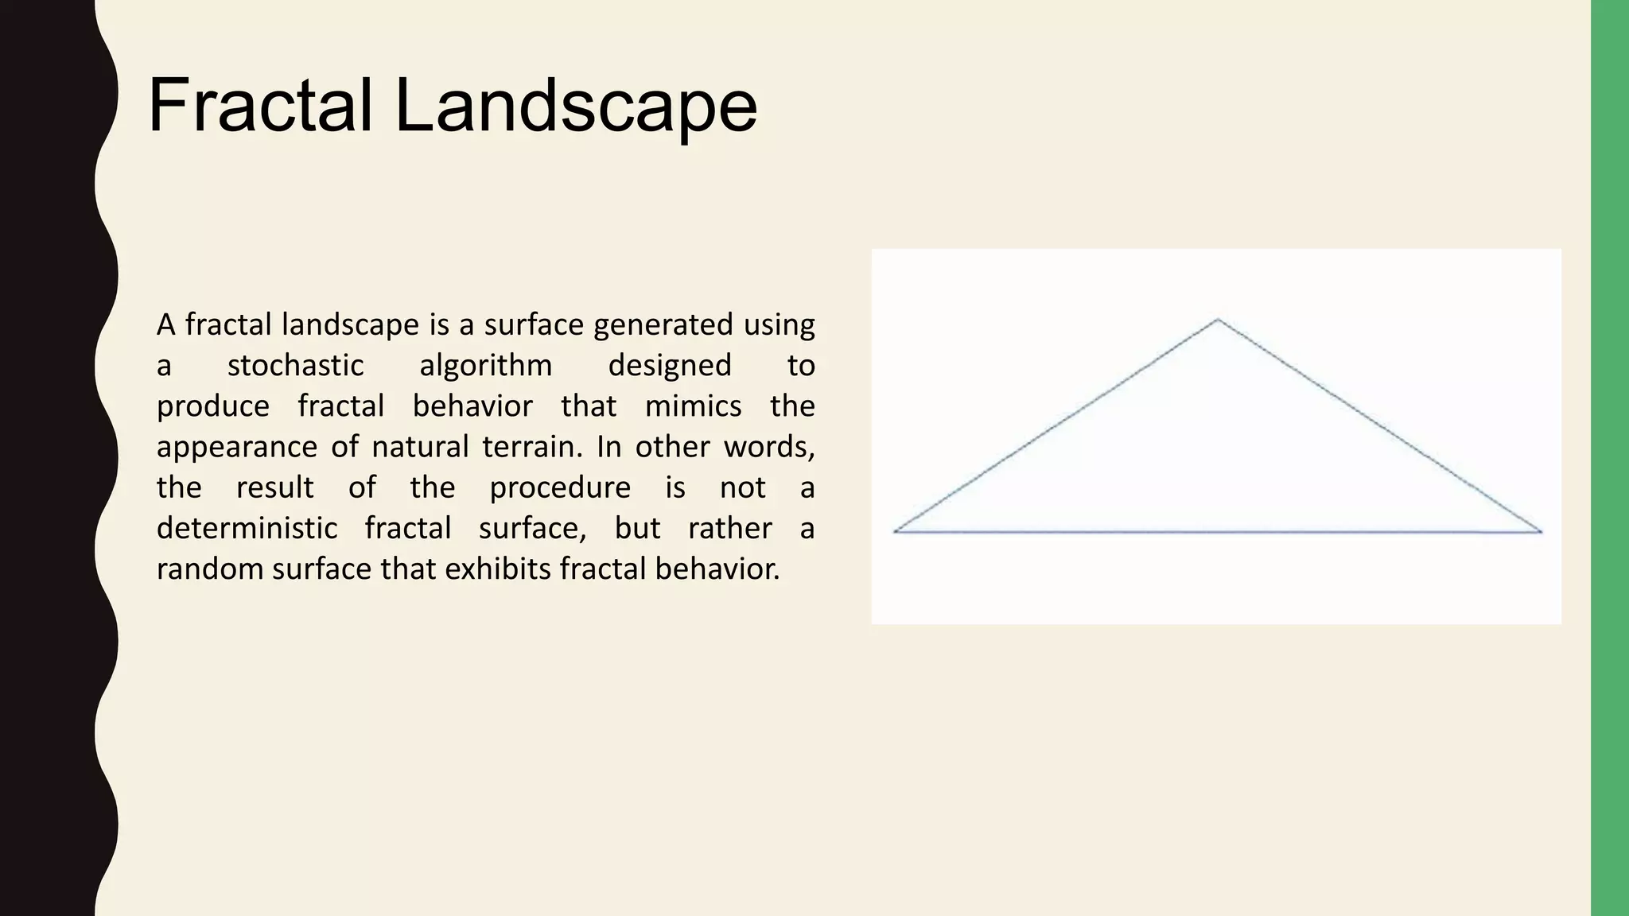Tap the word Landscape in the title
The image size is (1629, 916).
click(x=575, y=106)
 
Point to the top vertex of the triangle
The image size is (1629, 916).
click(x=1218, y=320)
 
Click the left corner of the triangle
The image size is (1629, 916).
click(x=896, y=530)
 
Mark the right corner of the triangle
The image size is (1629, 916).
click(x=1541, y=531)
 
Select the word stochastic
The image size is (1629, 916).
click(x=295, y=366)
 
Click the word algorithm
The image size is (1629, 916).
click(x=485, y=366)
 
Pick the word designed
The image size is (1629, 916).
click(x=669, y=366)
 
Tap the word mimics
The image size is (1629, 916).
click(x=693, y=406)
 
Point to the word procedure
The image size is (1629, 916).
click(x=559, y=488)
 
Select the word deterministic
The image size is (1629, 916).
click(x=247, y=528)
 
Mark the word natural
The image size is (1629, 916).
click(x=420, y=447)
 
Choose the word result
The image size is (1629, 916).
click(x=274, y=487)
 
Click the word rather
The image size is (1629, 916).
click(x=729, y=528)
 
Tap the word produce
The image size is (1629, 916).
click(x=212, y=407)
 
